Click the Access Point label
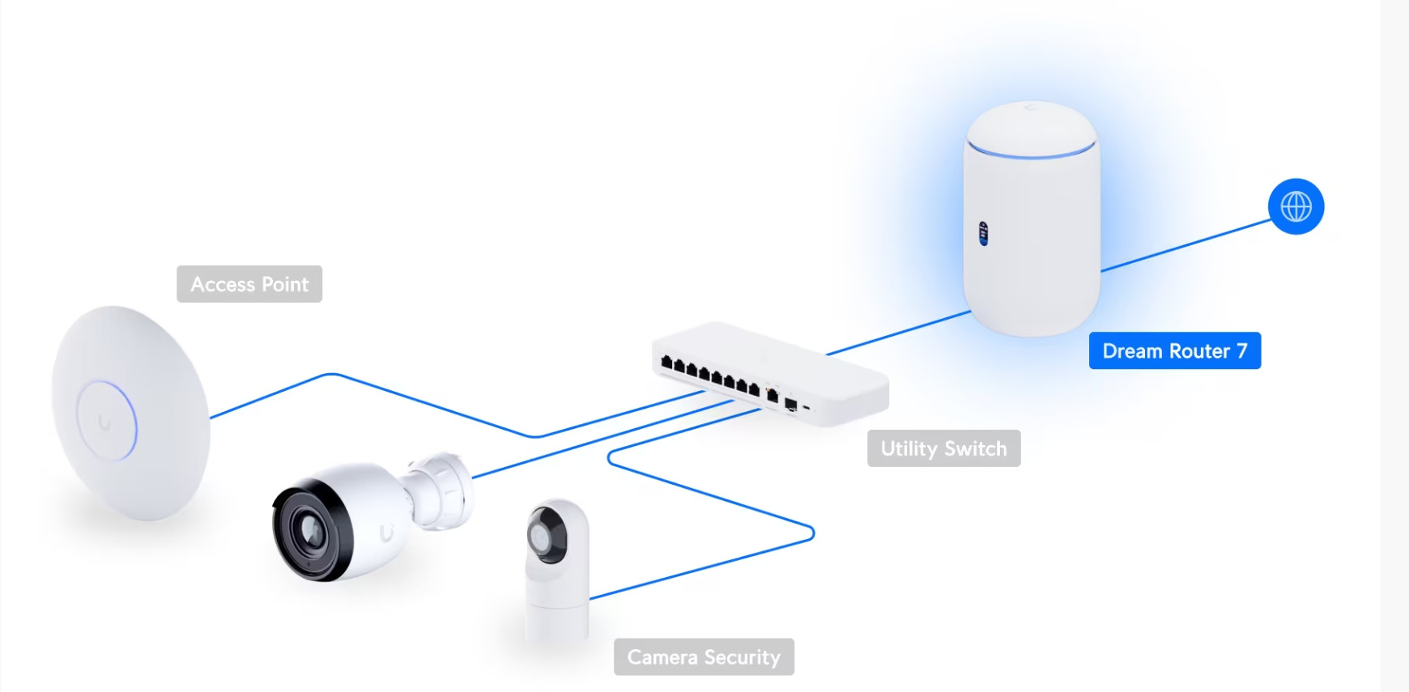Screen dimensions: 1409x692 click(249, 284)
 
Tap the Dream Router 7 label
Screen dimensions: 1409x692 click(1174, 350)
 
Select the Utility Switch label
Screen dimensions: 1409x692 click(943, 448)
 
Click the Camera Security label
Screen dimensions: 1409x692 click(704, 656)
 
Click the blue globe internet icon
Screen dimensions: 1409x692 click(1296, 206)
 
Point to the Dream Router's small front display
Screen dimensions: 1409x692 click(983, 233)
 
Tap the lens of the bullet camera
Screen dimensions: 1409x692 click(309, 530)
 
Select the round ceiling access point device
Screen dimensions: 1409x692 click(130, 413)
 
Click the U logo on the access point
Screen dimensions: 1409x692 click(104, 422)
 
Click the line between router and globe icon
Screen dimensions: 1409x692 click(1186, 245)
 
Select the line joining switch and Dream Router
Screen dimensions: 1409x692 click(898, 333)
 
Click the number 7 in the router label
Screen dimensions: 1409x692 click(1241, 351)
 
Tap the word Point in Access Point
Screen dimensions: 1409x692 click(284, 284)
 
